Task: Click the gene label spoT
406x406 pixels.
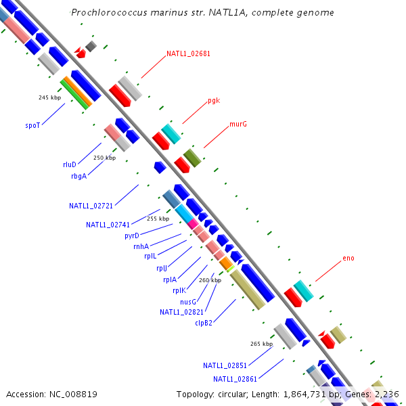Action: [x=32, y=125]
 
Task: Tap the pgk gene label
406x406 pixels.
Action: [x=214, y=101]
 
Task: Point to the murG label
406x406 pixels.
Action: [x=238, y=125]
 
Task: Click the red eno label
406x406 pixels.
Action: [x=348, y=258]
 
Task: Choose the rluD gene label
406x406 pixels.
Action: [x=70, y=164]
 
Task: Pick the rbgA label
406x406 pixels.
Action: [x=78, y=176]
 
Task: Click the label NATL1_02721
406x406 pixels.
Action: [x=91, y=205]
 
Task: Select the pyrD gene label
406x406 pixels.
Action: [x=132, y=235]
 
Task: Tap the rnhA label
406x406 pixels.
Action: [x=141, y=246]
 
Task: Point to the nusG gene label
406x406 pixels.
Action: [x=188, y=302]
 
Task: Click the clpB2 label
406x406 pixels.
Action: [x=204, y=323]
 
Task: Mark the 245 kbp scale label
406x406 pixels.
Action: [x=49, y=97]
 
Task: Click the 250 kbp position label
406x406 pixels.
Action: [x=104, y=158]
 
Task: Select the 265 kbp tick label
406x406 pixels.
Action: [x=261, y=344]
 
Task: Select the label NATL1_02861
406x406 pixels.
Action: [x=235, y=379]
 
